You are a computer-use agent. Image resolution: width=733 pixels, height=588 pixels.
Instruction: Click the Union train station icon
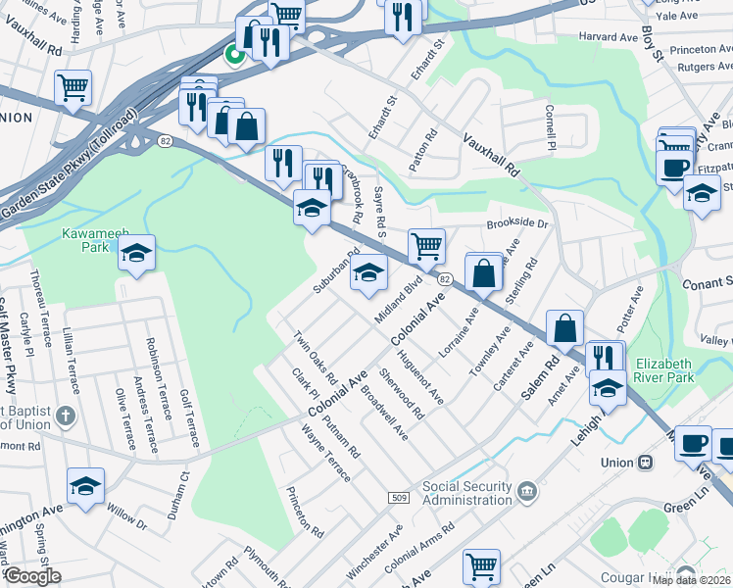click(x=646, y=463)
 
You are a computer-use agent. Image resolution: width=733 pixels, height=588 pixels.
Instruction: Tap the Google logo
click(x=31, y=576)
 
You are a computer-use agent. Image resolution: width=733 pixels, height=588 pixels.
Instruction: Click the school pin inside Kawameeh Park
click(x=137, y=253)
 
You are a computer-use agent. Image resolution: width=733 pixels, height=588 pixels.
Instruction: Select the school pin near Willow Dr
click(x=86, y=485)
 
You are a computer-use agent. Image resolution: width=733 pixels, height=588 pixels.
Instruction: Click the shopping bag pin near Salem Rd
click(x=565, y=329)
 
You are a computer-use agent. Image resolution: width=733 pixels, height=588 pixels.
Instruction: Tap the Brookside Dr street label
click(x=514, y=223)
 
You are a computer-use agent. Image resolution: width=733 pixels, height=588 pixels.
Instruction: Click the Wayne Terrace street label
click(x=325, y=453)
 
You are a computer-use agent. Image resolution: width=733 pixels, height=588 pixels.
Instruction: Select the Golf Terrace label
click(x=190, y=419)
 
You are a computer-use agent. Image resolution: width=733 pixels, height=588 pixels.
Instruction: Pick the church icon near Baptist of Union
click(x=66, y=413)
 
